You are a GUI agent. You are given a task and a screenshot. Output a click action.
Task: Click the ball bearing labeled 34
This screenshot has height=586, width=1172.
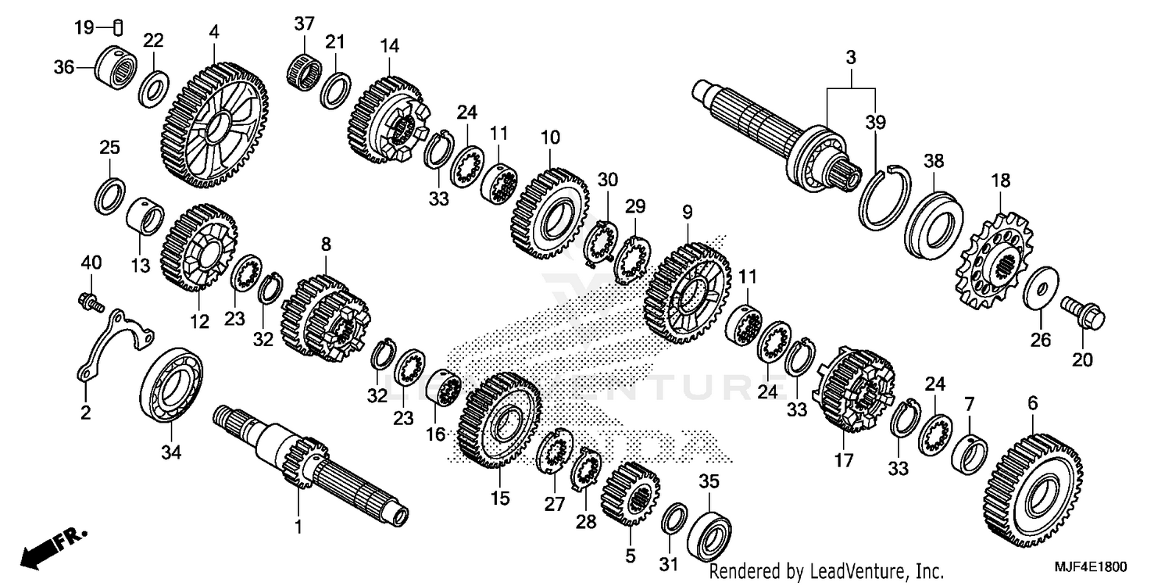(x=172, y=388)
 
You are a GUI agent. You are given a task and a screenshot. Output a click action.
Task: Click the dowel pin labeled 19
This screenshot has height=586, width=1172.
(x=118, y=28)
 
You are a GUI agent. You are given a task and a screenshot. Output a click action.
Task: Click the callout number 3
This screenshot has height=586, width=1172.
(x=851, y=58)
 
